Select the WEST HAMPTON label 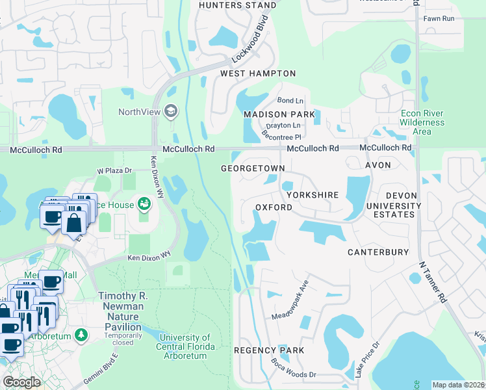click(258, 73)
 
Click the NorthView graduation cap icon click(171, 111)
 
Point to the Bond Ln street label click(290, 101)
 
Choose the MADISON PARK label click(279, 114)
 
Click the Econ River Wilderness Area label click(422, 122)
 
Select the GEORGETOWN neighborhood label click(253, 168)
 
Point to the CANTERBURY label click(377, 252)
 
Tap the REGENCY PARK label click(269, 350)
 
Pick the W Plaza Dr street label click(114, 170)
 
